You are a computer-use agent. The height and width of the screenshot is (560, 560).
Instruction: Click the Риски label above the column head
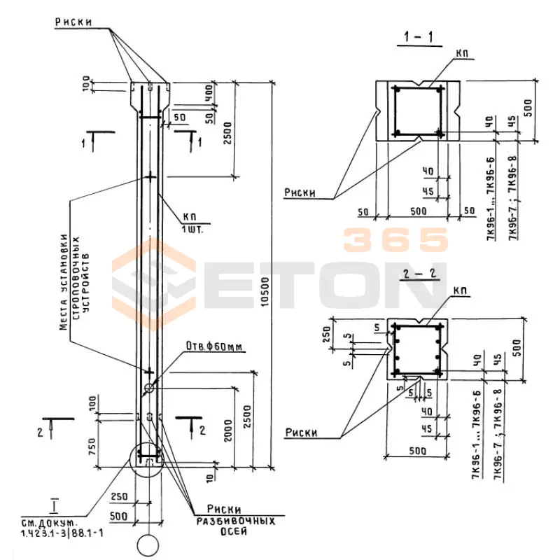[81, 22]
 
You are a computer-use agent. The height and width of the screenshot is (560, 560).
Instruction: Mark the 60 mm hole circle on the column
[149, 388]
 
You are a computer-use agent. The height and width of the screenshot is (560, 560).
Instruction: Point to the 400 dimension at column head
[208, 93]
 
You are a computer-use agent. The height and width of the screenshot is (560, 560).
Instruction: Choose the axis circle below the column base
[148, 545]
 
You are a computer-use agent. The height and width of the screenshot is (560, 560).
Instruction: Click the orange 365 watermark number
[395, 240]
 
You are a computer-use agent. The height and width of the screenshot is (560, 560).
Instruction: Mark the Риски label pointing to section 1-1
[301, 191]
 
